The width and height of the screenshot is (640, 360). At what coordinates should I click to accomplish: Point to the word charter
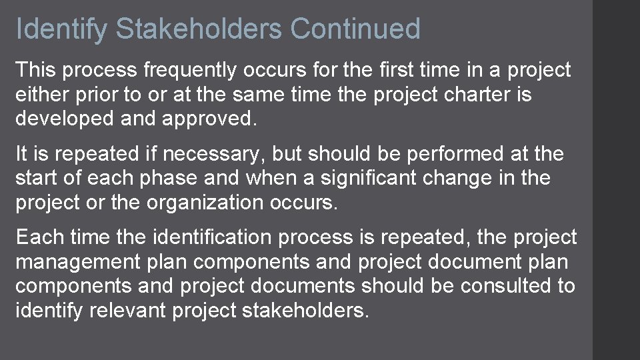point(473,95)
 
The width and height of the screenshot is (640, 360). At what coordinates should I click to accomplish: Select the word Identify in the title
point(61,29)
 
